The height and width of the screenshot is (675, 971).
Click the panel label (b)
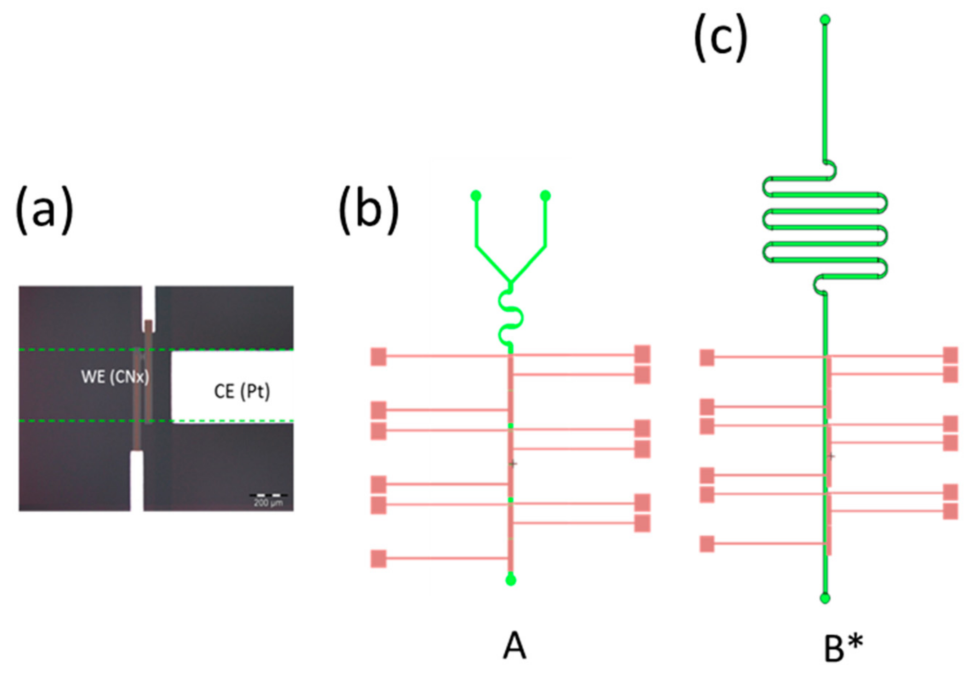click(x=368, y=210)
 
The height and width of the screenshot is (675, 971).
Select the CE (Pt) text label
click(x=242, y=392)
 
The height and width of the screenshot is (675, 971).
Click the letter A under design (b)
click(x=514, y=647)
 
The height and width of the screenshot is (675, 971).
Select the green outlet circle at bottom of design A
click(x=511, y=580)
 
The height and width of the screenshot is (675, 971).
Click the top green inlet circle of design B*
click(x=825, y=19)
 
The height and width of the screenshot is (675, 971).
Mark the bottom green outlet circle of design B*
click(x=825, y=598)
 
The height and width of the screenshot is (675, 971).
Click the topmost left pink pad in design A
click(x=379, y=357)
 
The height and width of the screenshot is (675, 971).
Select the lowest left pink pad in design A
click(x=379, y=559)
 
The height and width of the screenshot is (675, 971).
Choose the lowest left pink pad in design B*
click(x=707, y=544)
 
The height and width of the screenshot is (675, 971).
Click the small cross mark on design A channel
click(x=513, y=464)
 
